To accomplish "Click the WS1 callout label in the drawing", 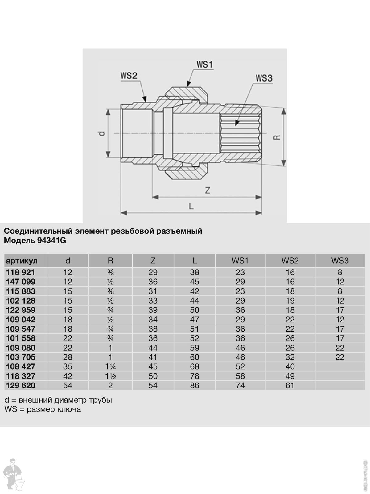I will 205,65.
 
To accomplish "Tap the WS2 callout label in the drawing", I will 128,76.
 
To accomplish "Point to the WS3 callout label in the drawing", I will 264,78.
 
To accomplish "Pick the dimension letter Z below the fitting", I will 208,190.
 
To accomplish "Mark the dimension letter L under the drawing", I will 191,206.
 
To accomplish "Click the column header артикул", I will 22,261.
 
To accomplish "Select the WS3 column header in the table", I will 340,261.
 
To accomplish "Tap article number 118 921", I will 21,272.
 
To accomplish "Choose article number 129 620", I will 21,385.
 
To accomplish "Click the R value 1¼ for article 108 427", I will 110,366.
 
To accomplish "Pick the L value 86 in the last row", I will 195,385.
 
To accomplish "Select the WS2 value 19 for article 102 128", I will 290,300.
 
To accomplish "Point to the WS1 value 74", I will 240,385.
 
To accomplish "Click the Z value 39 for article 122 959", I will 153,310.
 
